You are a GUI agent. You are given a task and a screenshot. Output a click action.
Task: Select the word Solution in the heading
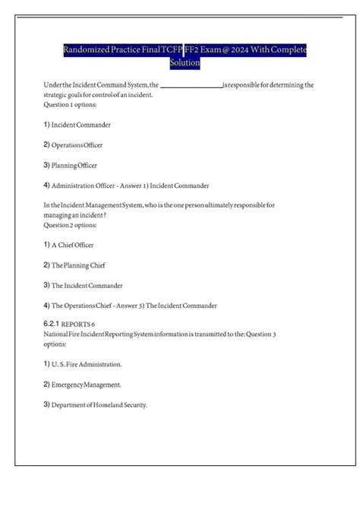185,63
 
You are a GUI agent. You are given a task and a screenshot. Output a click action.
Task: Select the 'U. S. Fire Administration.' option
87,365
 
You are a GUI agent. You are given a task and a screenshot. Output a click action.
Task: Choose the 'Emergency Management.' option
86,385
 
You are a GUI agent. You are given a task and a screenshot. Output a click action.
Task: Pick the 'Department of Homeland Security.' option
99,405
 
